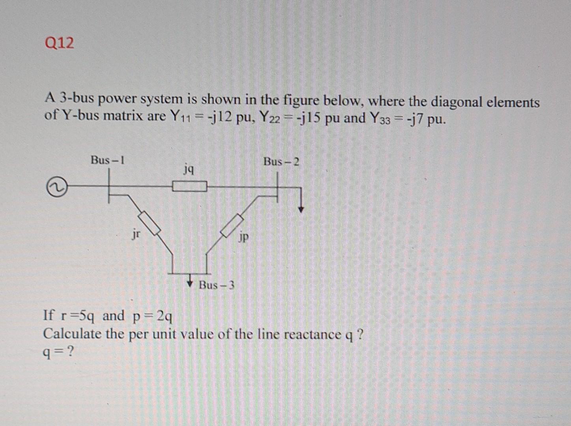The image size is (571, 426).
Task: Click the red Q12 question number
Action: coord(60,43)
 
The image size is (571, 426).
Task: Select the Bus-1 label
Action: coord(107,160)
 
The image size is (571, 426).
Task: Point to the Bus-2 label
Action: coord(281,162)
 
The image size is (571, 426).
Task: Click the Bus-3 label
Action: coord(217,285)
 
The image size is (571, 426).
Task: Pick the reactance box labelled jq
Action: coord(189,186)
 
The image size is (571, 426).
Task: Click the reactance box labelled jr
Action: coord(149,223)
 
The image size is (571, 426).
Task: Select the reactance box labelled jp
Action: coord(232,226)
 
